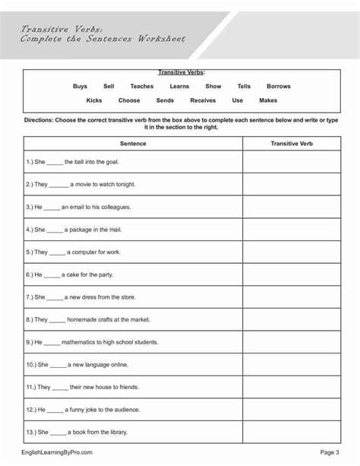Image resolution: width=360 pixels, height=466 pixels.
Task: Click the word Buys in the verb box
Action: (80, 87)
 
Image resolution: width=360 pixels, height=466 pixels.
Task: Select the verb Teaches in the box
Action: (141, 87)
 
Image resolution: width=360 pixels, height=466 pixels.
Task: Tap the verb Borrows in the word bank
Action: (279, 87)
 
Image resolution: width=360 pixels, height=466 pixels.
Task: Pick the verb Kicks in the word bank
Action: (94, 100)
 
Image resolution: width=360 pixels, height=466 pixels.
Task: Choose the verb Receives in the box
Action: (203, 100)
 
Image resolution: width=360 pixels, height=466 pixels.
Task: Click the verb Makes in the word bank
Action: (268, 100)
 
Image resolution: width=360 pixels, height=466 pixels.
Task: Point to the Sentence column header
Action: (133, 143)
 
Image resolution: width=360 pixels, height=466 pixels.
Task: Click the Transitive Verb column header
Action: (292, 143)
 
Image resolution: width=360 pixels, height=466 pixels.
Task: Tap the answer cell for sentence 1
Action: (292, 161)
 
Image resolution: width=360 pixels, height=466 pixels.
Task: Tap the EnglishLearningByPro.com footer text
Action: (58, 452)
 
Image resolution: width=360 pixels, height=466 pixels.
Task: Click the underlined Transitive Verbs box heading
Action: (179, 73)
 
